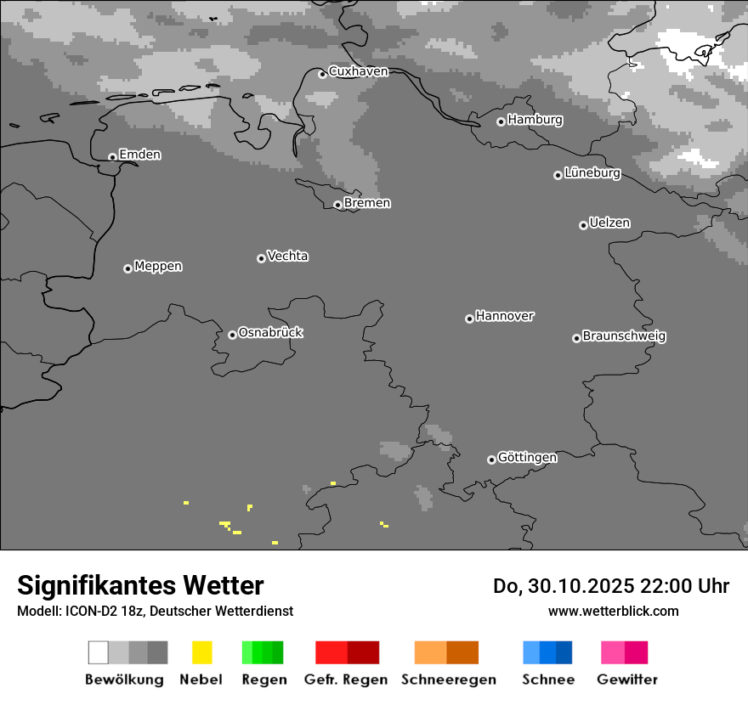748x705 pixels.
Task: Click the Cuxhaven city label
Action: coord(358,71)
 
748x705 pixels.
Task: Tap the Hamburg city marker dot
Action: coord(501,121)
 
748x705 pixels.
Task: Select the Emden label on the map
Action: coord(139,155)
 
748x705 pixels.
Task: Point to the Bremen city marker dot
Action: coord(337,205)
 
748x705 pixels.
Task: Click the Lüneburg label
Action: coord(592,173)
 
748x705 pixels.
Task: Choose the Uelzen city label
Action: coord(609,223)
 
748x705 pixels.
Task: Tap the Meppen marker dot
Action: coord(127,268)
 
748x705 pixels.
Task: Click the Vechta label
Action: coord(287,256)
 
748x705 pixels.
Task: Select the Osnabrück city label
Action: coord(270,332)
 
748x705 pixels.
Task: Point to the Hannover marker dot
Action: coord(469,319)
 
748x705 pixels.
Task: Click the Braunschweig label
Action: coord(624,336)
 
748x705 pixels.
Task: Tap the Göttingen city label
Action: coord(527,457)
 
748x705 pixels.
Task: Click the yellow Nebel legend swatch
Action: coord(201,652)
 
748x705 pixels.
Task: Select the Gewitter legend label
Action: coord(627,680)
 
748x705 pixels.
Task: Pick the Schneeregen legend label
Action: coord(449,680)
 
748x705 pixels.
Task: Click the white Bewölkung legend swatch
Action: coord(99,652)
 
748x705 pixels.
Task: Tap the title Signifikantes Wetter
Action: coord(140,585)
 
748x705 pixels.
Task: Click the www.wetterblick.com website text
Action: coord(613,611)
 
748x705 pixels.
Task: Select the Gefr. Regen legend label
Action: coord(346,680)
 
